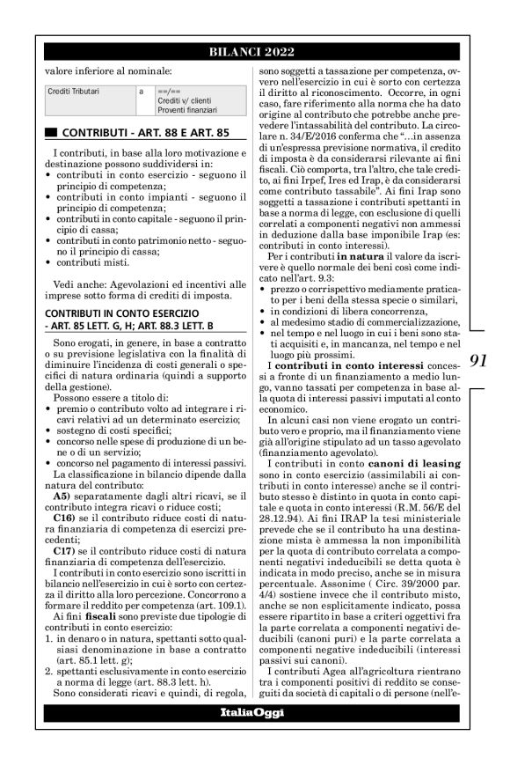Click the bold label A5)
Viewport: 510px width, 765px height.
point(62,497)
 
